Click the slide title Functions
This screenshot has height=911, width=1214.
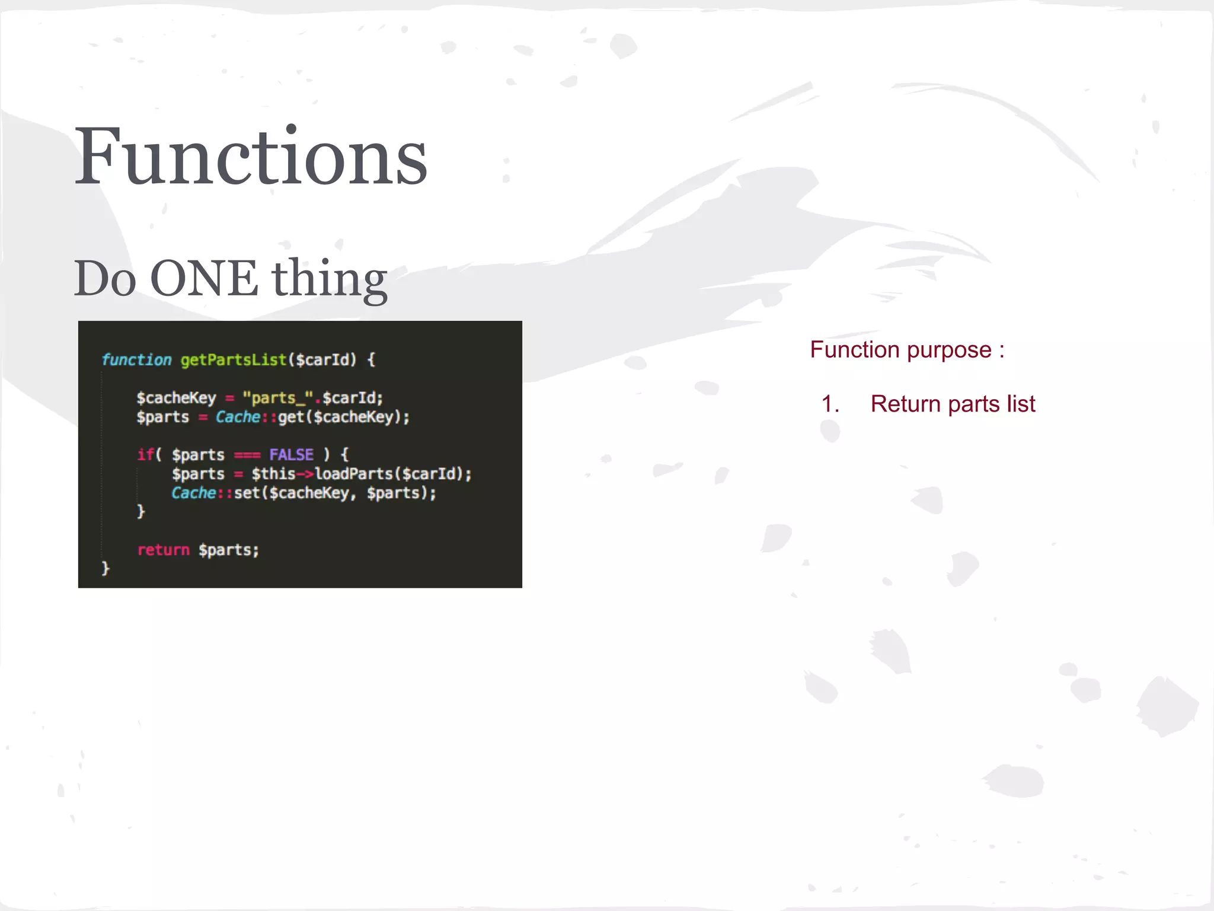pos(250,157)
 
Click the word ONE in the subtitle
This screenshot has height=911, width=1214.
pos(204,278)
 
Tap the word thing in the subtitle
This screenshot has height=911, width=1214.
pos(330,279)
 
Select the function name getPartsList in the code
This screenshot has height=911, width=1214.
pos(234,359)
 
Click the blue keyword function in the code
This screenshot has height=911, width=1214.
pos(136,359)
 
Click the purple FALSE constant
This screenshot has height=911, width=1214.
pos(291,454)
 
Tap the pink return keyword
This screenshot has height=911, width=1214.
pos(163,550)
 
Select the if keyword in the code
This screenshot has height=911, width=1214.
pos(145,454)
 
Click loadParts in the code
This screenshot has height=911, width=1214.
pos(354,474)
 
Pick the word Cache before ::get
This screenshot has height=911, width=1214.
pos(237,417)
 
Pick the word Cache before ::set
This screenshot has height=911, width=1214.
pos(193,493)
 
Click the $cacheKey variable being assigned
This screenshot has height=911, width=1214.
pos(176,397)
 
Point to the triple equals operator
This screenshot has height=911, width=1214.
pos(247,455)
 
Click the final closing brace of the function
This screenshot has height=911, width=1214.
pos(106,568)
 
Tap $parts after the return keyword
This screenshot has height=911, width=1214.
pos(229,550)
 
